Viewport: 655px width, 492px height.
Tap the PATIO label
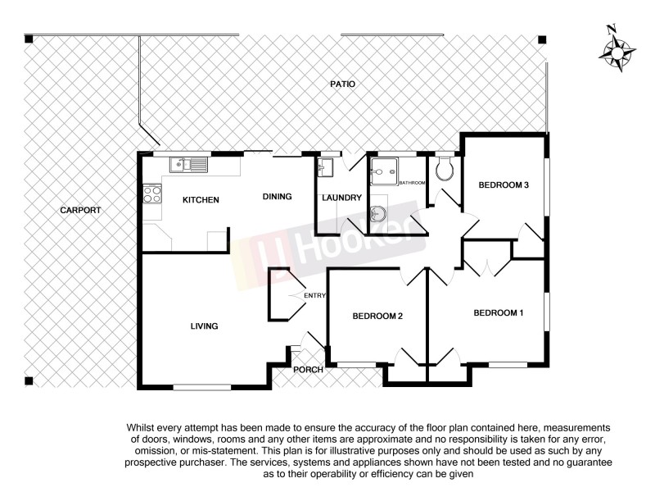(x=342, y=84)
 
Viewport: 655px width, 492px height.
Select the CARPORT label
(x=80, y=211)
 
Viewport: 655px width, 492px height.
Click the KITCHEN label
(x=200, y=200)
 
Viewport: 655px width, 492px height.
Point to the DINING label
(x=277, y=197)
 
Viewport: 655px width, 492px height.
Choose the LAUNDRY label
(x=341, y=198)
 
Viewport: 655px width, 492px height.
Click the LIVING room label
(x=204, y=326)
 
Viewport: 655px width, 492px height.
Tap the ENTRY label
(x=315, y=296)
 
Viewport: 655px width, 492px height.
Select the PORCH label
(x=309, y=370)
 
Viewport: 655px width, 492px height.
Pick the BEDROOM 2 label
(x=377, y=317)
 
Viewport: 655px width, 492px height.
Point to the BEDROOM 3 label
(x=504, y=185)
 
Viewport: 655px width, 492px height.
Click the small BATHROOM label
(x=412, y=182)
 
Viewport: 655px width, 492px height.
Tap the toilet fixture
(x=445, y=171)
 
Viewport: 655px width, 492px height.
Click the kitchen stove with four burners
(x=152, y=195)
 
